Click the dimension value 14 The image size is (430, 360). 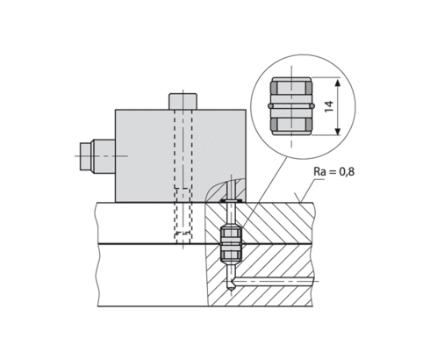click(329, 106)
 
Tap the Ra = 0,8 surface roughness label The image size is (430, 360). click(334, 171)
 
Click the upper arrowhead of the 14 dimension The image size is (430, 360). click(338, 82)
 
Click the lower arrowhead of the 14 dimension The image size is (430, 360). click(338, 132)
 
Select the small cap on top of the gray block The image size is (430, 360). click(183, 101)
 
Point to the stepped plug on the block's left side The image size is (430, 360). click(97, 156)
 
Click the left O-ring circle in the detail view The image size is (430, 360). click(270, 105)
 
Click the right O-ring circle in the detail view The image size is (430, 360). click(312, 105)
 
